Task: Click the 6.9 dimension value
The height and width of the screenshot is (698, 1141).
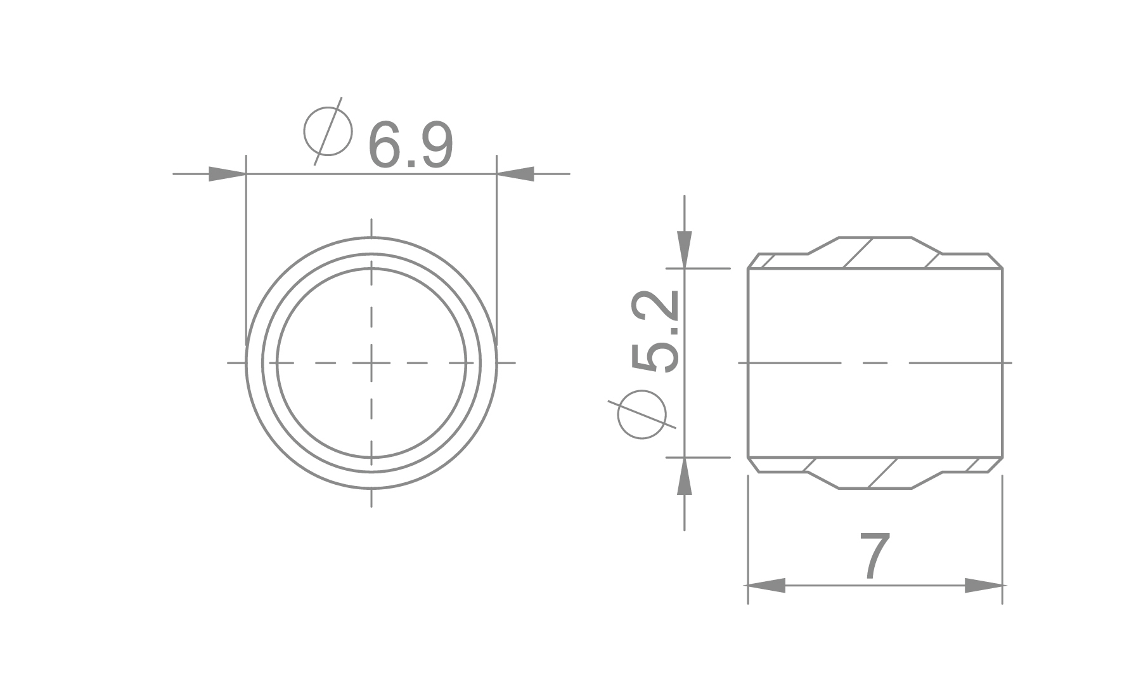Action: pos(411,145)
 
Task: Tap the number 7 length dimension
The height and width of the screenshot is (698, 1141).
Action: pos(875,556)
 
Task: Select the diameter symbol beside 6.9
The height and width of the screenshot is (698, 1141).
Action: pos(328,131)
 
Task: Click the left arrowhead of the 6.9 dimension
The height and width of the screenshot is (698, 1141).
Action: pos(227,173)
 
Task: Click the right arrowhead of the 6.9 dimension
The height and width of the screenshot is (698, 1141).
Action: pos(515,173)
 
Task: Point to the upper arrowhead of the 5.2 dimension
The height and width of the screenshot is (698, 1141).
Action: pos(685,250)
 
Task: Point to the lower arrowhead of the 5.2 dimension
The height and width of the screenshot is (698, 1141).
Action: pos(685,475)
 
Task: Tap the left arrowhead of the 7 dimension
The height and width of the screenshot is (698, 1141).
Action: pos(767,586)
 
